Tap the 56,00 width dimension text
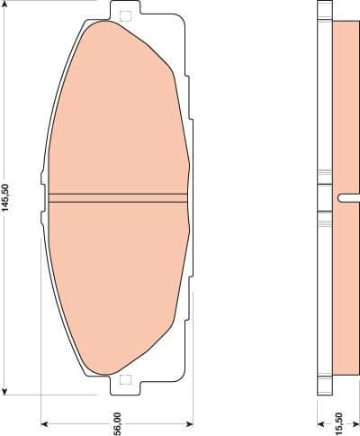[117, 419]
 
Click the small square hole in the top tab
[124, 14]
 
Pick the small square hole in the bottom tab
[124, 379]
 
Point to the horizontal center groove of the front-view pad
[119, 196]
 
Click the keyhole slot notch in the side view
[343, 198]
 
